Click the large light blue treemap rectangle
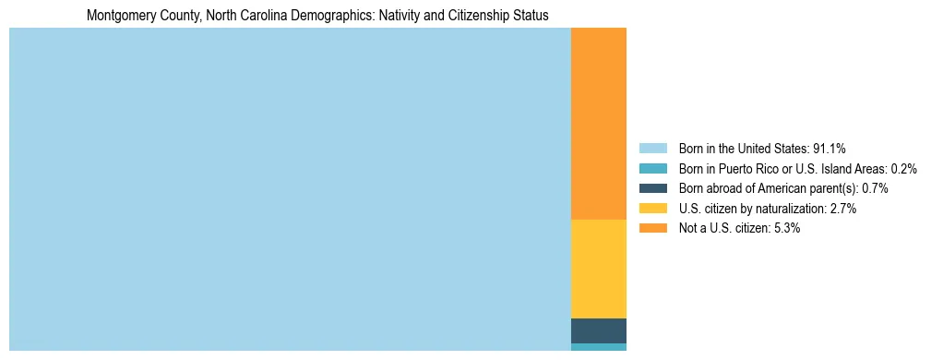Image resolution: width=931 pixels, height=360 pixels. pyautogui.click(x=290, y=189)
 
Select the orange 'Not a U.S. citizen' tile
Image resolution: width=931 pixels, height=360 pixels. pyautogui.click(x=599, y=124)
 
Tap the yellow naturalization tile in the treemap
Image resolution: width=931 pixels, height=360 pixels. pyautogui.click(x=599, y=269)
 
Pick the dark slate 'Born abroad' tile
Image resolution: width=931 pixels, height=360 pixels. pyautogui.click(x=599, y=330)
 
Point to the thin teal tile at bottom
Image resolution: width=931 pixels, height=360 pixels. pyautogui.click(x=599, y=347)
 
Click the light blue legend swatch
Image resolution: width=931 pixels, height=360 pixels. pyautogui.click(x=652, y=149)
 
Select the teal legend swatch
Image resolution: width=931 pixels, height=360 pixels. pyautogui.click(x=652, y=169)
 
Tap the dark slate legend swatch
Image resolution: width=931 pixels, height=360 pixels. pyautogui.click(x=652, y=188)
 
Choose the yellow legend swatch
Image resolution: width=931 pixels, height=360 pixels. pyautogui.click(x=652, y=209)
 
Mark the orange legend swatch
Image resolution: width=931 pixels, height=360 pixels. pyautogui.click(x=652, y=229)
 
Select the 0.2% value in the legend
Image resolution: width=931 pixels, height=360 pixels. pyautogui.click(x=904, y=169)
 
